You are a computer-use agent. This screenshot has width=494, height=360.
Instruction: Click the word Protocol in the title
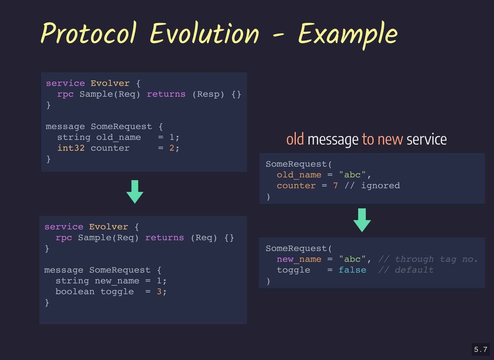tap(89, 33)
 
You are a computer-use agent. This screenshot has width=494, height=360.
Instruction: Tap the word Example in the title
tap(348, 35)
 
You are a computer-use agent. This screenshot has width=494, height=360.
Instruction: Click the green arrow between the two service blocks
tap(135, 192)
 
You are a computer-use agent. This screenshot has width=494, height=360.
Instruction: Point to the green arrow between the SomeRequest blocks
tap(362, 220)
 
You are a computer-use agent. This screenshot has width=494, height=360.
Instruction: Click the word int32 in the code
tap(71, 148)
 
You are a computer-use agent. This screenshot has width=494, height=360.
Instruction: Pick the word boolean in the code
tap(75, 291)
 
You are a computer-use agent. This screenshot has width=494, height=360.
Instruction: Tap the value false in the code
tap(352, 270)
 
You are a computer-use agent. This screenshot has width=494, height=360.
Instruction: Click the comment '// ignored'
tap(372, 186)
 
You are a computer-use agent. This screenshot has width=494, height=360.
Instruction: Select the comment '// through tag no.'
tap(428, 259)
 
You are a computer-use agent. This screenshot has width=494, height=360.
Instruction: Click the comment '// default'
tap(406, 270)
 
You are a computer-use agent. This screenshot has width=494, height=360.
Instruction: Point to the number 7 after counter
tap(336, 186)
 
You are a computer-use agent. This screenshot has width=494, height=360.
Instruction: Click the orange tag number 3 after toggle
tap(159, 291)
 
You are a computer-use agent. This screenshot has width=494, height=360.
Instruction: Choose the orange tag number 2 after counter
tap(171, 148)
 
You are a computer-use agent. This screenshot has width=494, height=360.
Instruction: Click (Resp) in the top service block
tap(208, 94)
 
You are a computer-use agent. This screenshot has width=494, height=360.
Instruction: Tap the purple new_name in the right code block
tap(299, 260)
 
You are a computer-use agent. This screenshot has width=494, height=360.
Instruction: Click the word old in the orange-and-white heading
tap(295, 139)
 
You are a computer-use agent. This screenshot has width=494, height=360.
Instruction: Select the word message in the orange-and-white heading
tap(333, 140)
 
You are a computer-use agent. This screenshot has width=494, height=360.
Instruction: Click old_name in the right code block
tap(299, 175)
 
